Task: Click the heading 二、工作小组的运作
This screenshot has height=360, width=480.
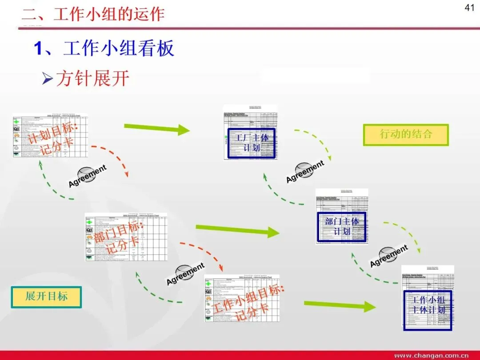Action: point(93,14)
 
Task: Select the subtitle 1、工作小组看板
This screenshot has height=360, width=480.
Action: point(104,48)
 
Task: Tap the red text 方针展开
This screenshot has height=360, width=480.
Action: point(92,79)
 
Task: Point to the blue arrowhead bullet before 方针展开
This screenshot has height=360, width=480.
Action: point(48,79)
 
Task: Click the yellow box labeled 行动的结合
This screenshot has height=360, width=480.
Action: point(406,135)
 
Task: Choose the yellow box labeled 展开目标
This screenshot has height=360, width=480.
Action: point(46,297)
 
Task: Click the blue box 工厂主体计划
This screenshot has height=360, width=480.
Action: point(252,143)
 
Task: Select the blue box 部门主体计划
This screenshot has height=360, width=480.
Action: point(341,226)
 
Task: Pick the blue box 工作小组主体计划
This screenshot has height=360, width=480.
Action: point(427,310)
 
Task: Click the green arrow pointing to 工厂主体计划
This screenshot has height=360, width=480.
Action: point(157,129)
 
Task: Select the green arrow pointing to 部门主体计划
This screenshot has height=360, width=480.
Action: point(237,230)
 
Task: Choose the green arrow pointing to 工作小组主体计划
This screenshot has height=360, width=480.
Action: point(340,305)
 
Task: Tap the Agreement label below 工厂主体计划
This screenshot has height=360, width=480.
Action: point(305,172)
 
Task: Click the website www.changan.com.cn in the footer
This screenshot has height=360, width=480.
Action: point(431,356)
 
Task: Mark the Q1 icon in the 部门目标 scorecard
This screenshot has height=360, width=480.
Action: point(89,230)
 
